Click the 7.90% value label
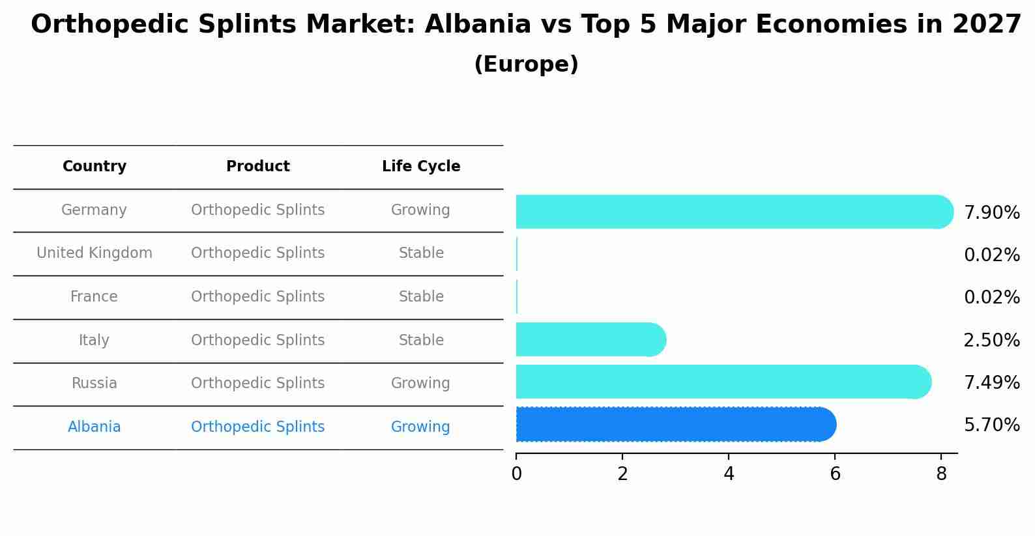click(x=991, y=213)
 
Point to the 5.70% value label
click(x=991, y=425)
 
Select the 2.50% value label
click(x=991, y=341)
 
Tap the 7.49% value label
click(x=991, y=383)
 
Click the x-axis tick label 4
click(x=729, y=474)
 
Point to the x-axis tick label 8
click(x=941, y=474)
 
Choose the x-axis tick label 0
click(x=517, y=474)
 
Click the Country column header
click(x=95, y=167)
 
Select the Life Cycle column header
click(x=421, y=167)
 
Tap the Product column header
click(x=258, y=167)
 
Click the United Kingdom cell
click(x=95, y=253)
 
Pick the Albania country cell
click(x=95, y=427)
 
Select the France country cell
click(x=95, y=297)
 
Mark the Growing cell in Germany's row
click(x=420, y=210)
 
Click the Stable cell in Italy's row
click(x=421, y=341)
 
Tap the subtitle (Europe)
click(x=526, y=64)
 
